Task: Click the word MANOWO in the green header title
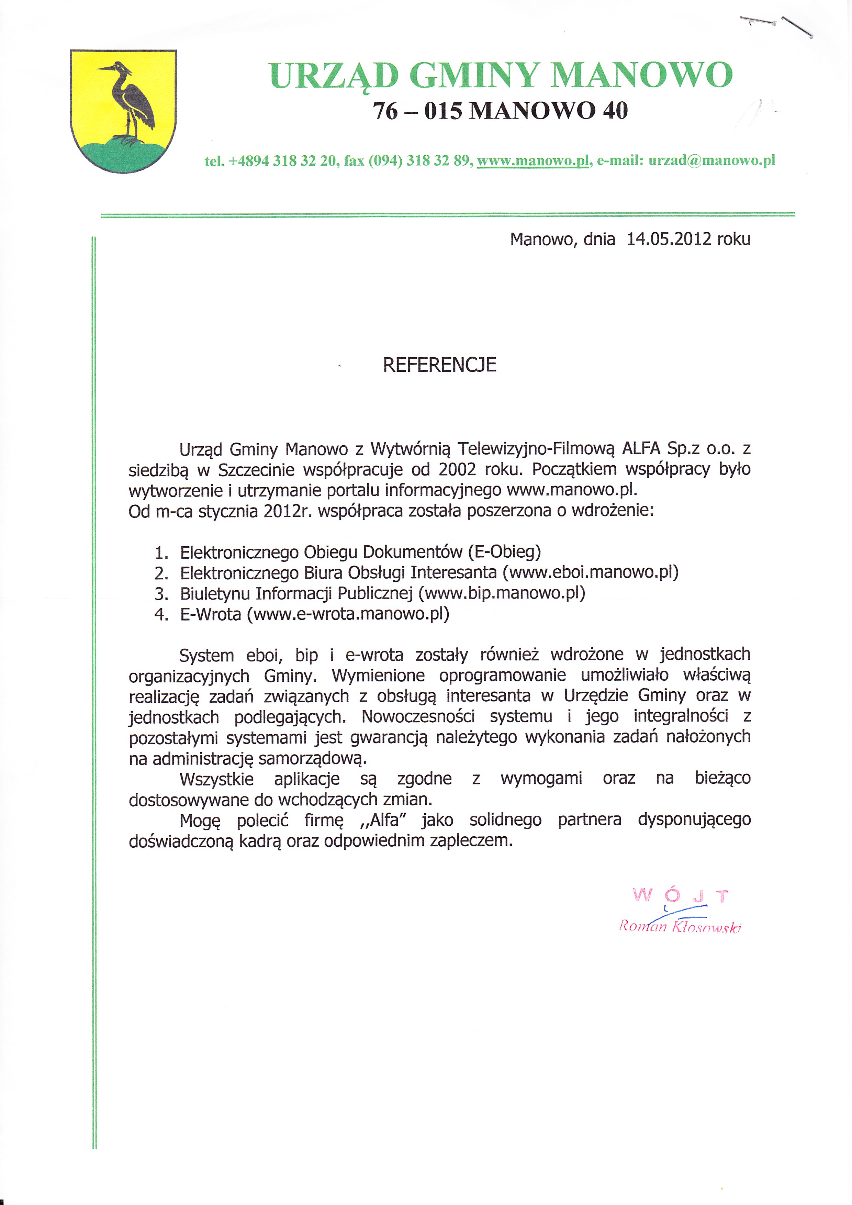tap(641, 75)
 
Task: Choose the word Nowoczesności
tap(418, 717)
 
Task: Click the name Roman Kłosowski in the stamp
tap(680, 926)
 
